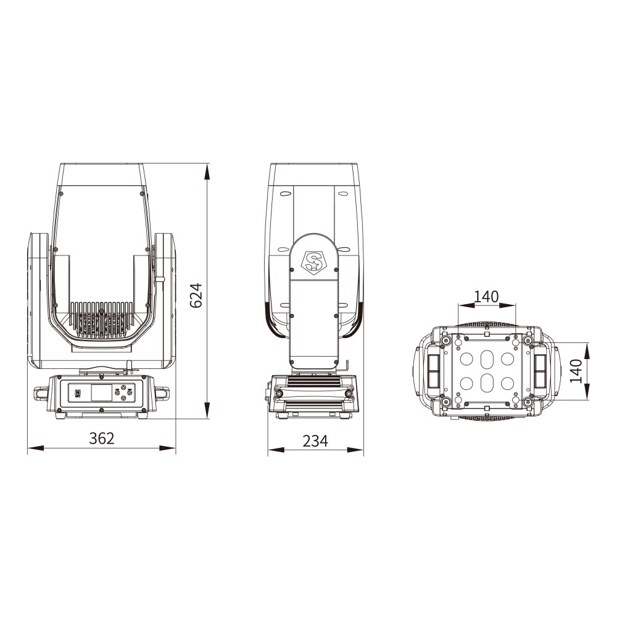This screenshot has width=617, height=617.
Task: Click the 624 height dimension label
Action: [196, 296]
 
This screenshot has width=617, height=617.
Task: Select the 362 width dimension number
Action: [102, 438]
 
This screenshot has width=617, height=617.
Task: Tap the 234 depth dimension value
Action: [315, 441]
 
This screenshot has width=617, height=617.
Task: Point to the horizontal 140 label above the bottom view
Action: [486, 296]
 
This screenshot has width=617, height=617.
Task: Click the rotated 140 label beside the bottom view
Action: [576, 371]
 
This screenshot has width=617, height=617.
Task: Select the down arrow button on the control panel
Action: [123, 398]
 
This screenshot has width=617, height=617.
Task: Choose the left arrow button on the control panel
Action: [118, 392]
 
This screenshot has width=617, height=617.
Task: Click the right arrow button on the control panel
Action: [129, 392]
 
